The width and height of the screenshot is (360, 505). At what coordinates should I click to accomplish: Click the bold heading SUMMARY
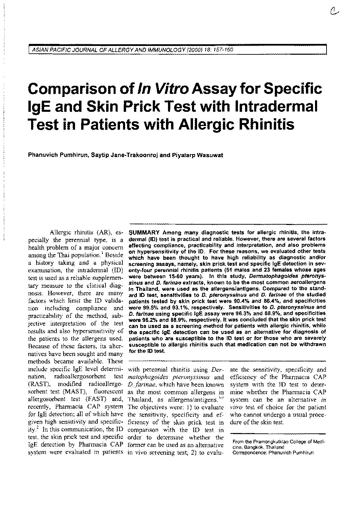[144, 233]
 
